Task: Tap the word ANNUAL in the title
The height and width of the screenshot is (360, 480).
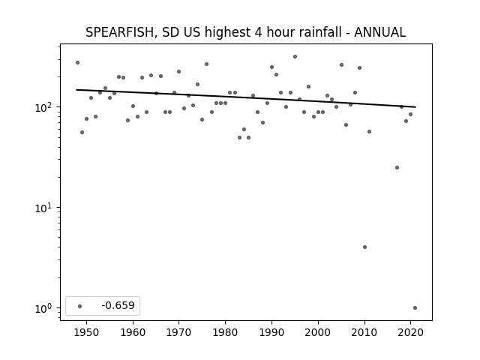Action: click(380, 32)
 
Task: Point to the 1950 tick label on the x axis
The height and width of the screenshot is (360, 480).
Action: click(87, 332)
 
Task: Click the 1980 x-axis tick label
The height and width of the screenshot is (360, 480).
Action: click(225, 332)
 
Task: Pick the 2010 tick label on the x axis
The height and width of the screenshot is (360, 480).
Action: click(364, 332)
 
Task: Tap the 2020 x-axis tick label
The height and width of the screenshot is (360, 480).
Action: click(410, 332)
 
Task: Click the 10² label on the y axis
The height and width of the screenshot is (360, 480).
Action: click(45, 107)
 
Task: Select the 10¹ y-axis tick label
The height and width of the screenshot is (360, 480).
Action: click(45, 208)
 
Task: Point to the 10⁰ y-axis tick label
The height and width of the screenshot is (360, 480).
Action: click(45, 308)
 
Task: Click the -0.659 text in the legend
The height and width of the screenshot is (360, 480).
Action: click(118, 305)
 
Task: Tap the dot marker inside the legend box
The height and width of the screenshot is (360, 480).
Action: click(80, 306)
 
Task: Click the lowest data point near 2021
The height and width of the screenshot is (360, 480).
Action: click(415, 308)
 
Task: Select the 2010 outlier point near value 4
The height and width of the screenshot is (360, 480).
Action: click(364, 247)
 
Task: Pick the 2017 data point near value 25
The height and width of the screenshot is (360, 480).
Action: click(397, 168)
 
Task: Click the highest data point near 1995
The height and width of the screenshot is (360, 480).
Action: click(295, 57)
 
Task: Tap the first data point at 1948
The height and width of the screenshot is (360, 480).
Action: click(77, 63)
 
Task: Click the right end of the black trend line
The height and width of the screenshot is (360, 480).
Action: click(415, 106)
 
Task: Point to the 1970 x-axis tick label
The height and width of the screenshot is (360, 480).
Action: click(179, 332)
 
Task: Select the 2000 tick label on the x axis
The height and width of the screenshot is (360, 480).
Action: click(318, 332)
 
